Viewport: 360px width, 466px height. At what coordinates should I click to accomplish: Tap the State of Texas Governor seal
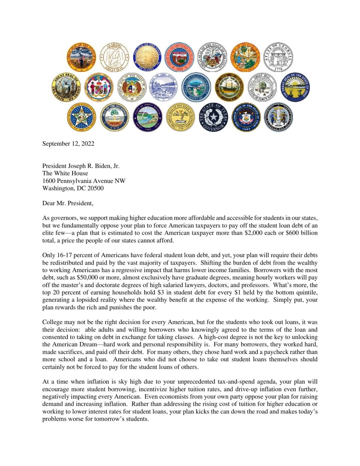tap(213, 117)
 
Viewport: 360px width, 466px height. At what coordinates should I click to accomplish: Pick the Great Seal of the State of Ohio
tap(295, 87)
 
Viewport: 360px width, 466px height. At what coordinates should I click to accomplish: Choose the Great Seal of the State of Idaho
tap(66, 87)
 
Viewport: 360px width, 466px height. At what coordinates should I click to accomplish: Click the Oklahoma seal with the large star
tap(82, 117)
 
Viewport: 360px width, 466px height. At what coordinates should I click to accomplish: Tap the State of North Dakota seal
tap(262, 87)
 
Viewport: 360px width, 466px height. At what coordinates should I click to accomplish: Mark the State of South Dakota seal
tap(147, 117)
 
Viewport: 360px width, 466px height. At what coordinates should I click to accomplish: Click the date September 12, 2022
tap(68, 144)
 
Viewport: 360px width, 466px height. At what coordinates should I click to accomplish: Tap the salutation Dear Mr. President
tap(67, 203)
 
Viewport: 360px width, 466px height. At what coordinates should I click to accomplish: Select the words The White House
tap(65, 173)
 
